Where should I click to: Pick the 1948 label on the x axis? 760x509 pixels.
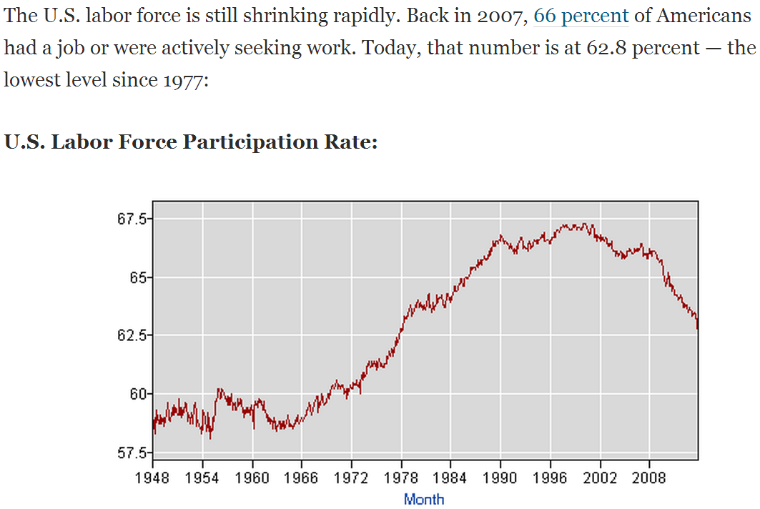point(152,477)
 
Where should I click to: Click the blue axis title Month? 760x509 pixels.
point(424,499)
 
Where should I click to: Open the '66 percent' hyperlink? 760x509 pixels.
point(581,16)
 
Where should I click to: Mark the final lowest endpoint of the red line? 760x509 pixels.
point(697,329)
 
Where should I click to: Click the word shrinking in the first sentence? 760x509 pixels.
point(277,16)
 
